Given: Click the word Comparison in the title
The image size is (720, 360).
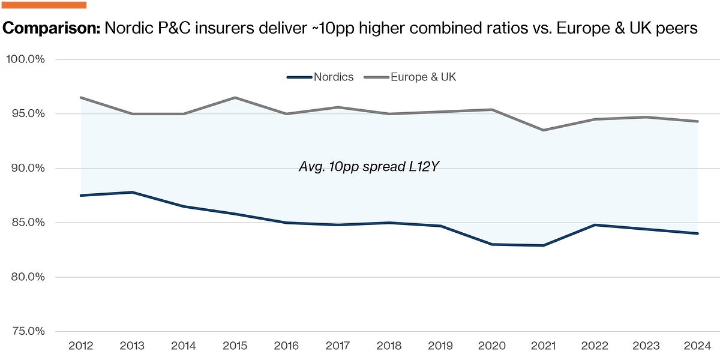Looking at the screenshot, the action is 52,28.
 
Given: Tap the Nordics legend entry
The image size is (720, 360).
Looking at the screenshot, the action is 320,77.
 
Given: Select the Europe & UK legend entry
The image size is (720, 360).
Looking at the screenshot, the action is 410,77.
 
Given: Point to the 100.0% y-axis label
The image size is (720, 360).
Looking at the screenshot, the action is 25,59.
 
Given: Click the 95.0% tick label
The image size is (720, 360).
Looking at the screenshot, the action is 28,113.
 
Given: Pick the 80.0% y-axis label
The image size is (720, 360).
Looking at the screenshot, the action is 28,277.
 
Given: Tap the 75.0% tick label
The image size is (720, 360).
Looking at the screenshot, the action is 28,331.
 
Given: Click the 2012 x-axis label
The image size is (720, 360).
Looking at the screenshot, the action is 80,346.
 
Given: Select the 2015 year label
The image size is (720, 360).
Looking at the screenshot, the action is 235,346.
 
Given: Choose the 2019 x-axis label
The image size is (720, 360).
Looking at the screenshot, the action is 440,346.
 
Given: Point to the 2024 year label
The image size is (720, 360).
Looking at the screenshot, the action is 697,346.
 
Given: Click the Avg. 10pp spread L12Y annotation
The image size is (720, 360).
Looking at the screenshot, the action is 369,167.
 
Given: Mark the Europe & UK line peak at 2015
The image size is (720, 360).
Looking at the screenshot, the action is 235,97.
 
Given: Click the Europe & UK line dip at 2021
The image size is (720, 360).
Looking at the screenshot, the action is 543,130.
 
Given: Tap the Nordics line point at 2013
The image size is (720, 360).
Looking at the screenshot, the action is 132,192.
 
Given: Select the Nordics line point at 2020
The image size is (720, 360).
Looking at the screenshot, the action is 492,245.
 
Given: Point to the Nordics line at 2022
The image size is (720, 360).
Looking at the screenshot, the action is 595,225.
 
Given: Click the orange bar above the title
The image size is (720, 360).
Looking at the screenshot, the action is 44,5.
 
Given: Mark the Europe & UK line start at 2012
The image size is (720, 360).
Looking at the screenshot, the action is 80,97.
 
